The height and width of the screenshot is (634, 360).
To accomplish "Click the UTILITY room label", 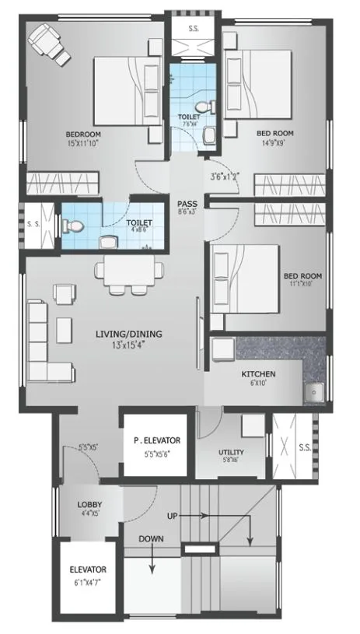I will (x=231, y=452).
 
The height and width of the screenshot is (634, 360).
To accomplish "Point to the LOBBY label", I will (x=89, y=504).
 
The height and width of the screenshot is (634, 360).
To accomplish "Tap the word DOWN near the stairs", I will (x=152, y=538).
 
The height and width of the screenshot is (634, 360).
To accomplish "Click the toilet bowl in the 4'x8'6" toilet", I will (x=75, y=226).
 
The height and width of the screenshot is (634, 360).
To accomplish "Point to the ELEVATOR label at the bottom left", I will (x=87, y=569).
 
